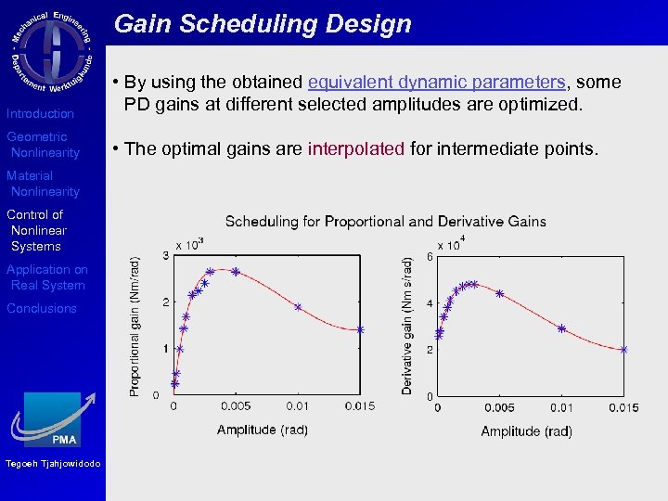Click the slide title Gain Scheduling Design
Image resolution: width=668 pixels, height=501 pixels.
click(263, 24)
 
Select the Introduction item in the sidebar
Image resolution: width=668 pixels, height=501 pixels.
click(40, 113)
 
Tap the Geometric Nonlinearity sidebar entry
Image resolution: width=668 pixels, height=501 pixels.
click(44, 145)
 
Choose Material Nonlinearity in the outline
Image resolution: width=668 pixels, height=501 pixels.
click(44, 184)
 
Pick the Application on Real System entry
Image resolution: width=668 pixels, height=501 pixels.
click(46, 277)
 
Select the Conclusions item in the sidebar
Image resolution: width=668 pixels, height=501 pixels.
click(42, 308)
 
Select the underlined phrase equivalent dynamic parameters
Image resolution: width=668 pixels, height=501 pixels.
click(437, 82)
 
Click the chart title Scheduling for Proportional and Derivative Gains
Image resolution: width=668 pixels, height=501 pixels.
click(385, 221)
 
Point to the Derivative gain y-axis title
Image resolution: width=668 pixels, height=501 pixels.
click(406, 327)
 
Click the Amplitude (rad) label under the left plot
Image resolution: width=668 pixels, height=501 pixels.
click(263, 430)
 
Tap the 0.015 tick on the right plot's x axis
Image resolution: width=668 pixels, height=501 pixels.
click(623, 407)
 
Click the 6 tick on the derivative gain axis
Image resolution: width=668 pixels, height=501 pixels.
click(430, 256)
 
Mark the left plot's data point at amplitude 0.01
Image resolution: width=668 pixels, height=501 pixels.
click(298, 306)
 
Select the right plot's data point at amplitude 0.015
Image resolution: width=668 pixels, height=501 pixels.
click(623, 350)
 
